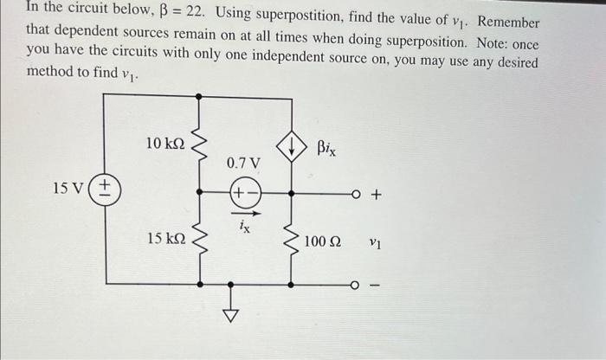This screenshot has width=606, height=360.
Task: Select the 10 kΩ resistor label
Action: pos(165,143)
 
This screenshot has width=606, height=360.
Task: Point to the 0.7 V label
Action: pos(243,162)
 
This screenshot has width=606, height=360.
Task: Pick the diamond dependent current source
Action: pos(292,149)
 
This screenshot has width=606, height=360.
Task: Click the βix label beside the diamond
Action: pos(326,150)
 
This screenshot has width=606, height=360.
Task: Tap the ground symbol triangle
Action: pos(230,317)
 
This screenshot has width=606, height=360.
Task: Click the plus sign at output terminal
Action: pos(376,196)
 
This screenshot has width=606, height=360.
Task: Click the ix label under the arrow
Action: pos(244,226)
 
